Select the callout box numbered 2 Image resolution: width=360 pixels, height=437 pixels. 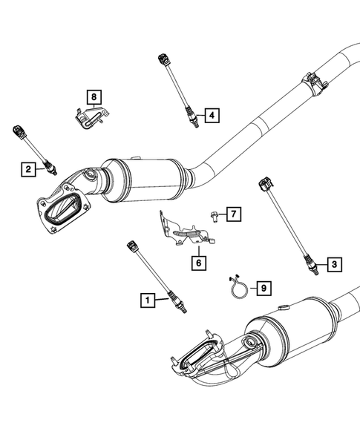point(27,170)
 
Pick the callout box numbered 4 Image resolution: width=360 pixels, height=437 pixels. point(211,115)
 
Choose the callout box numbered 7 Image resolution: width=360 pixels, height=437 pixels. point(232,214)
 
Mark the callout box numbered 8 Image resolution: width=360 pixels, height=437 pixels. point(94,96)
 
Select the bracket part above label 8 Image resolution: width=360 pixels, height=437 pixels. point(89,119)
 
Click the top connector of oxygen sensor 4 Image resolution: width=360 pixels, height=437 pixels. point(161,57)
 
